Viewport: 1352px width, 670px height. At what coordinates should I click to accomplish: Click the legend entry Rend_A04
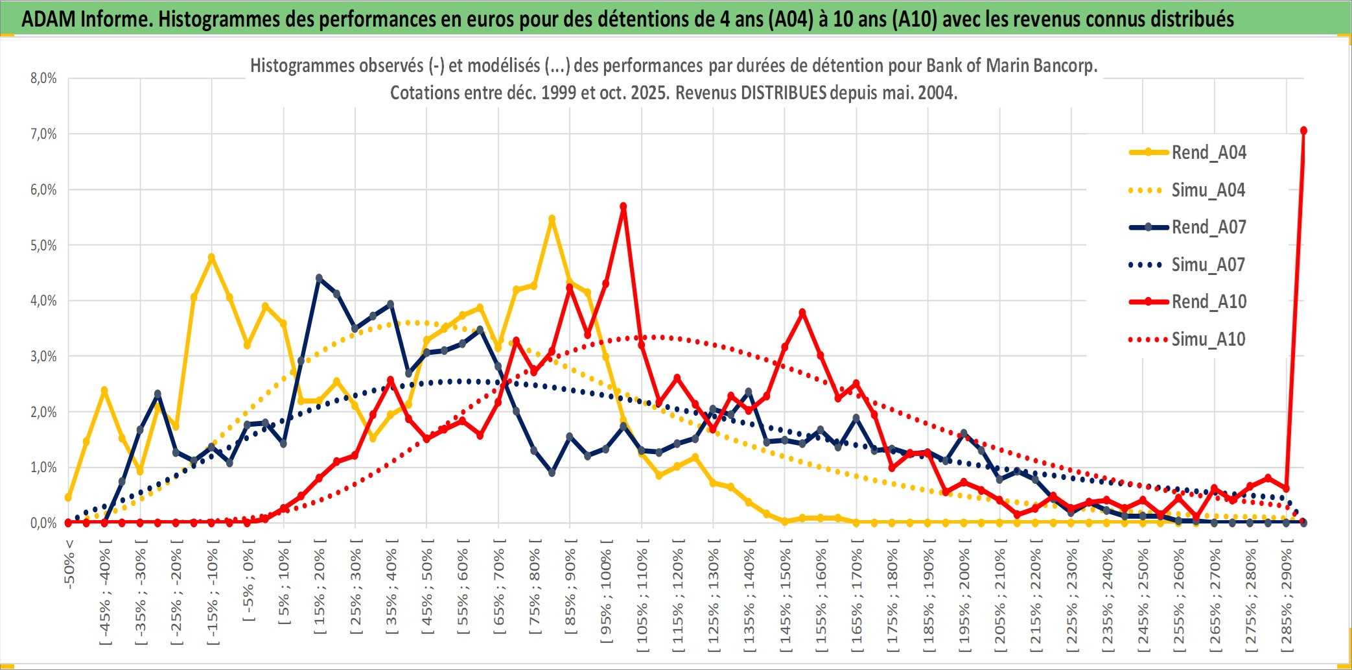click(1208, 152)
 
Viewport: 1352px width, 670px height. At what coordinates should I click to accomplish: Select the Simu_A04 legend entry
click(1208, 190)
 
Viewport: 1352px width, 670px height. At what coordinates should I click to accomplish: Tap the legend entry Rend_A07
click(1208, 227)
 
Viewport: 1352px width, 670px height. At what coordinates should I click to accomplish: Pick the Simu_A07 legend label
click(1208, 265)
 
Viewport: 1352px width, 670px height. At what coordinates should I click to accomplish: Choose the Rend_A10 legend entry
click(1208, 302)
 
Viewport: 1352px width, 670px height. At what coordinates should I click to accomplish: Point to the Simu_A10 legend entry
click(1208, 339)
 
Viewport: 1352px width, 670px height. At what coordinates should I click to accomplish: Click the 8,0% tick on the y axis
click(43, 78)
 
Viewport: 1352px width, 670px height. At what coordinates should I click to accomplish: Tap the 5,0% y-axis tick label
click(43, 245)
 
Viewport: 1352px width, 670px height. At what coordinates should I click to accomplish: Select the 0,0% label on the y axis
click(43, 523)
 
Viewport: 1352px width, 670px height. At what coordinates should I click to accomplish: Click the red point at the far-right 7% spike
click(1303, 130)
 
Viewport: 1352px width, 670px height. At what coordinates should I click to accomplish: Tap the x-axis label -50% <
click(69, 564)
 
